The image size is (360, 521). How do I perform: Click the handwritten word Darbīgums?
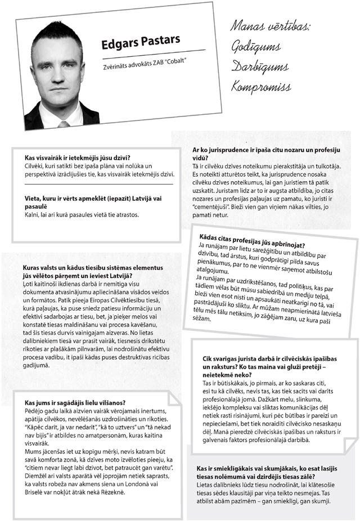pyautogui.click(x=259, y=68)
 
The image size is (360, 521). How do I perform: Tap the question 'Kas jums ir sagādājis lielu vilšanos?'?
pyautogui.click(x=75, y=403)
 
